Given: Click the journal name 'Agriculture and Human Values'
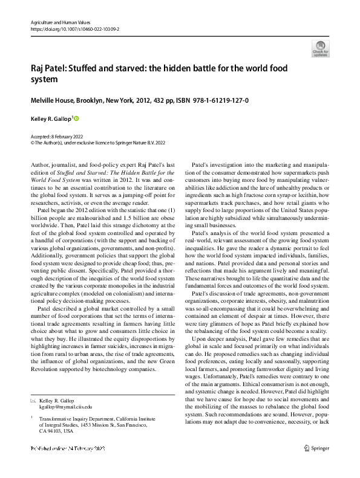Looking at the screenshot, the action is (60, 21).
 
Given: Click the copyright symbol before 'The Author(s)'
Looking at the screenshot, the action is (32, 144).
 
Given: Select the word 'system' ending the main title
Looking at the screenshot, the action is (44, 80).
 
